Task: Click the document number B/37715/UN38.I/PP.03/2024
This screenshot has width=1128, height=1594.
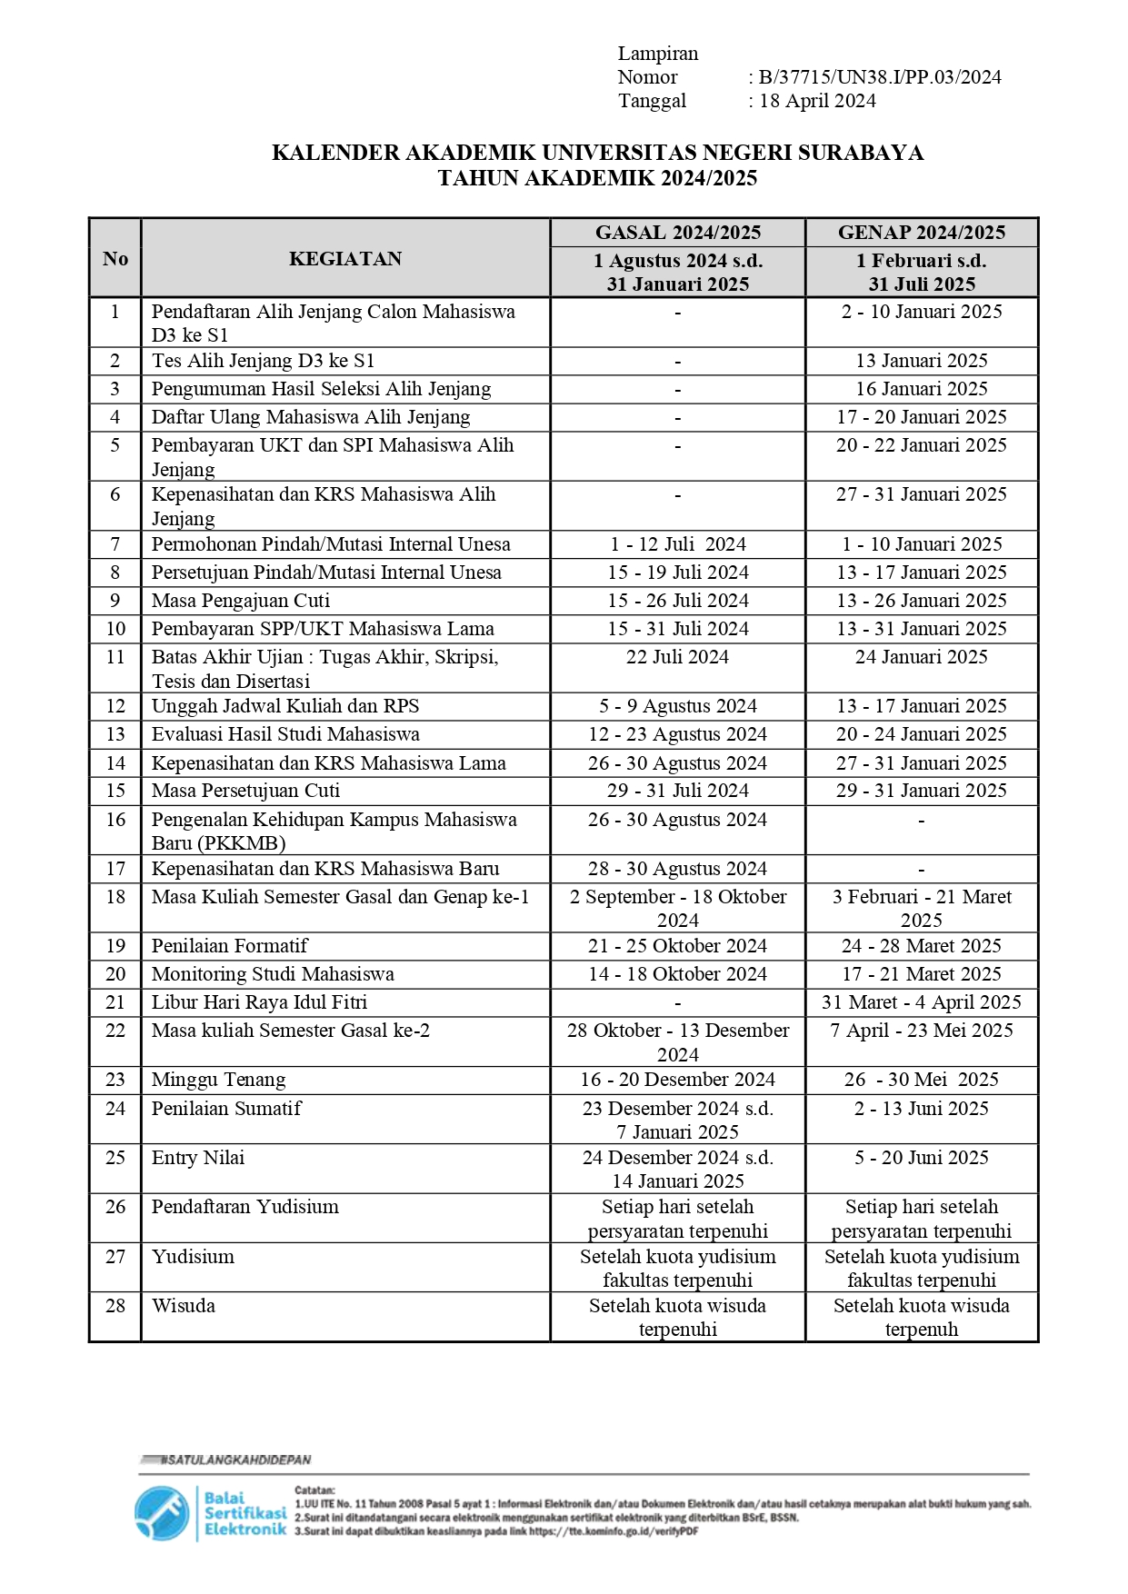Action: coord(879,77)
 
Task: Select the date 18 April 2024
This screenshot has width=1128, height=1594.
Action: coord(817,101)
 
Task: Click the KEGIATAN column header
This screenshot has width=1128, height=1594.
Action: coord(345,259)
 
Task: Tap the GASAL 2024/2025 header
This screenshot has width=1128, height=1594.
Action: coord(678,233)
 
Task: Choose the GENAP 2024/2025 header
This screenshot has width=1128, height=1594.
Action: coord(922,233)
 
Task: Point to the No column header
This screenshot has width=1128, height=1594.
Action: coord(115,259)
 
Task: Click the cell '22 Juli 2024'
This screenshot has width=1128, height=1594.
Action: coord(677,657)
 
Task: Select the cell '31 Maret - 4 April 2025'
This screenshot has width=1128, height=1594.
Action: coord(922,1002)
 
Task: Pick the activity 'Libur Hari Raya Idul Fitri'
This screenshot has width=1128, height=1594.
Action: coord(259,1002)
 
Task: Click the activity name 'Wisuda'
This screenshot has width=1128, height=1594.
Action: coord(184,1306)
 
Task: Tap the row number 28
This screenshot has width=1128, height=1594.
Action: coord(115,1306)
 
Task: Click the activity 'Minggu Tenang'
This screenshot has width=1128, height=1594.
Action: coord(218,1080)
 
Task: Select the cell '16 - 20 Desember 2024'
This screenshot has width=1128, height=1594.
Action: coord(677,1080)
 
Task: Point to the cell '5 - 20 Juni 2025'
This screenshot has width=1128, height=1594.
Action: coord(922,1158)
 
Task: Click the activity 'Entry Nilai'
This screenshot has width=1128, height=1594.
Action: coord(198,1158)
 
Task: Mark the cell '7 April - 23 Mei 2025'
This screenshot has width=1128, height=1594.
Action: coord(922,1031)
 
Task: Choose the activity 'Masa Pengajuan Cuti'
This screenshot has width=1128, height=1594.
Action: coord(240,601)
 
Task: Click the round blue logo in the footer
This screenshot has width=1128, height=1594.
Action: coord(162,1513)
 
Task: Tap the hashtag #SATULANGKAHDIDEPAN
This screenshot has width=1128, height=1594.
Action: coord(235,1460)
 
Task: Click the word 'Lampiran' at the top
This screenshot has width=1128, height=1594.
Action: coord(658,54)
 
